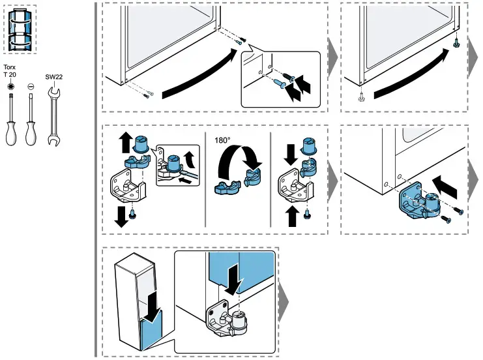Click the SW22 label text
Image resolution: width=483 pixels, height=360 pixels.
pos(54,76)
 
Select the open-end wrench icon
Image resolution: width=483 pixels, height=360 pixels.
pos(54,115)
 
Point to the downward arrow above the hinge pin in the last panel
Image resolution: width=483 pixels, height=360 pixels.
pos(232,277)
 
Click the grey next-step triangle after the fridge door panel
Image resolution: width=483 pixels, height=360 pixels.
pos(284,301)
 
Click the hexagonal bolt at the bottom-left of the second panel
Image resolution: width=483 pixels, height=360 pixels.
pos(360,99)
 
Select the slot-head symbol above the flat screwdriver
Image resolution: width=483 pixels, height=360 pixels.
pos(30,86)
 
